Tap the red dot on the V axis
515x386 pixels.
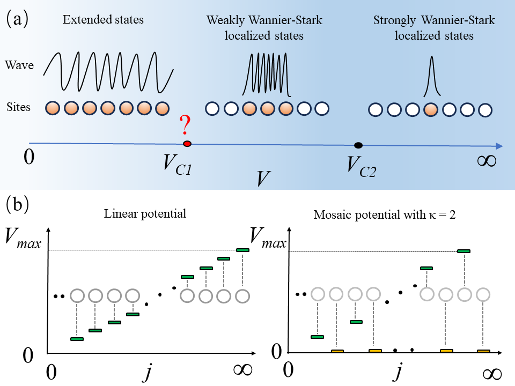187,143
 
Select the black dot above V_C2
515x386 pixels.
358,145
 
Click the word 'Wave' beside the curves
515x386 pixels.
19,66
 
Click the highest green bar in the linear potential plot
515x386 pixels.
242,250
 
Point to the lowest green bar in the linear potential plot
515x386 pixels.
77,339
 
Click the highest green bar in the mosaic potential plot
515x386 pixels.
464,251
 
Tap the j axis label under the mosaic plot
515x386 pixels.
398,372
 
